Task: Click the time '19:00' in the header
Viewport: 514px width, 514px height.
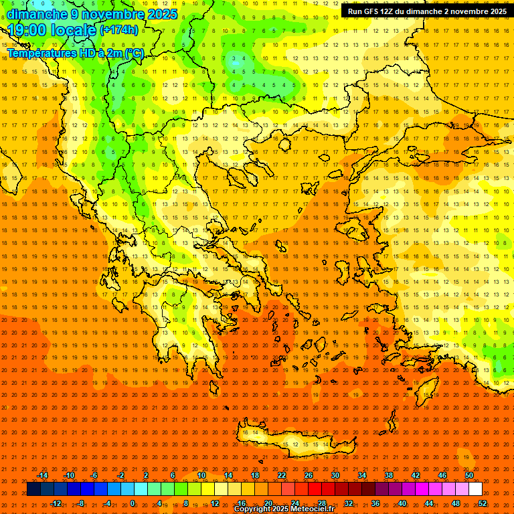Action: tap(31, 30)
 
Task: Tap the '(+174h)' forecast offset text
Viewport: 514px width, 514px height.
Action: tap(118, 30)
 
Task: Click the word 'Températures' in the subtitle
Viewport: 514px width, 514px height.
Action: tap(40, 53)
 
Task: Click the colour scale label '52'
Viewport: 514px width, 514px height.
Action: tap(483, 503)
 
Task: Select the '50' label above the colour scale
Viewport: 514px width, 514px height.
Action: tap(469, 475)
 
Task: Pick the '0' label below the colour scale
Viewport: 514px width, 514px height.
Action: tap(133, 503)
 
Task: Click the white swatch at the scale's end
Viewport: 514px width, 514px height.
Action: tap(476, 489)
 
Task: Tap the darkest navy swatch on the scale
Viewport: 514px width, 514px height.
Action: tap(33, 489)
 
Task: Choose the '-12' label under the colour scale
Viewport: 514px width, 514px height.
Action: tap(56, 503)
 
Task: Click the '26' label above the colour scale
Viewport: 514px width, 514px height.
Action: tap(309, 475)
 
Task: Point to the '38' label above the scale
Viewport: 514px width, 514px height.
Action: tap(389, 475)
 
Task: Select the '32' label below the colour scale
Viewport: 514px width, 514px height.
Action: tap(349, 503)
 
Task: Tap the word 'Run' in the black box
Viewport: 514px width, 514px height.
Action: tap(355, 11)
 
